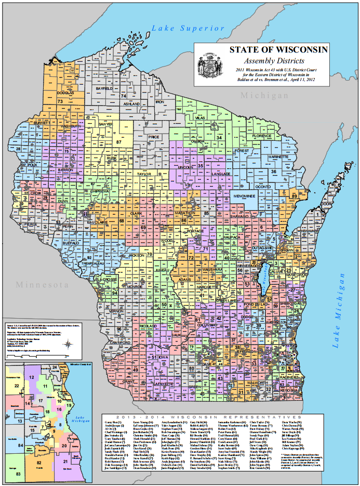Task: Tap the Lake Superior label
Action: point(189,28)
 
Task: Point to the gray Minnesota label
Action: point(43,285)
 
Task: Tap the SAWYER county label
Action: point(106,125)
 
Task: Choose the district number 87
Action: point(119,141)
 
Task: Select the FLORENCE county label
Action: point(262,136)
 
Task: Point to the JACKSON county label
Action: point(136,256)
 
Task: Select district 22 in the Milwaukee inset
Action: point(17,385)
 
